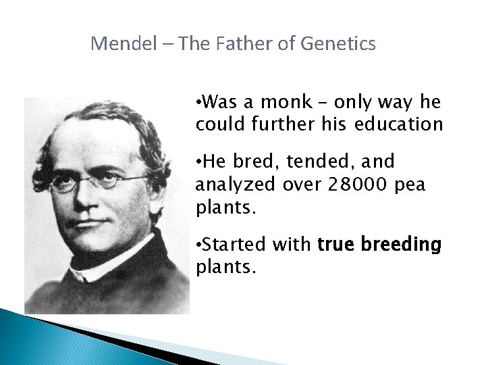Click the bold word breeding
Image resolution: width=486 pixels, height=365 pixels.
[402, 244]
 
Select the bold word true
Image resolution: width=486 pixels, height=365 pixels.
[337, 244]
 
